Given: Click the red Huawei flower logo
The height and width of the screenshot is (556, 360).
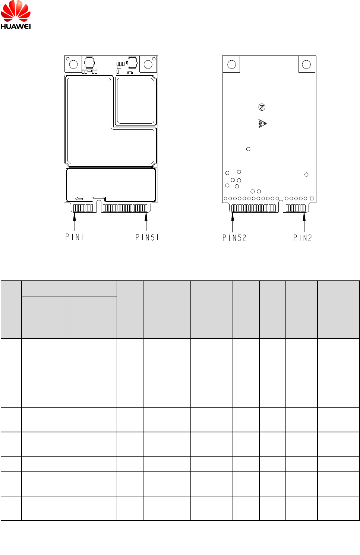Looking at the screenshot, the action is [x=16, y=12].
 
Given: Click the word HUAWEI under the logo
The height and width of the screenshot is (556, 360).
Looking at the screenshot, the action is [x=16, y=26].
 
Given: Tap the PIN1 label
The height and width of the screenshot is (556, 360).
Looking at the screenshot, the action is [x=74, y=237].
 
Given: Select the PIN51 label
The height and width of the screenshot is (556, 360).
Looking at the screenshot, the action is [x=147, y=237].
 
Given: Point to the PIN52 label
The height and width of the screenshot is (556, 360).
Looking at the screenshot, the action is [x=234, y=238].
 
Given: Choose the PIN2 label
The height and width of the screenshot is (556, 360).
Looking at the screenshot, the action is [x=302, y=238].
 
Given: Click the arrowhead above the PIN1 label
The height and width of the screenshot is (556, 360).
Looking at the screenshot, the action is [x=75, y=217].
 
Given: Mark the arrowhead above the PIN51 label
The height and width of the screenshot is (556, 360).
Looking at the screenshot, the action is [x=146, y=217].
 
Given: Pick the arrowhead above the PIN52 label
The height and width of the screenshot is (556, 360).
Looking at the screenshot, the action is [x=233, y=217].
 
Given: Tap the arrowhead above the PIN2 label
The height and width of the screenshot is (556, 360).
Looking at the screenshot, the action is [x=304, y=217].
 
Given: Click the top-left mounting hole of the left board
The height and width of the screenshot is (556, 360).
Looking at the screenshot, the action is [x=73, y=64].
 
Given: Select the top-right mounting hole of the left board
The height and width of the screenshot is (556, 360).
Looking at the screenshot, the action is [x=148, y=64].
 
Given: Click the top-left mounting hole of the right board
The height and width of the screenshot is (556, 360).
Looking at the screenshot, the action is [x=231, y=64].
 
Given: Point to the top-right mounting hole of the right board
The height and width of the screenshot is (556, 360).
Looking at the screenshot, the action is [x=306, y=64].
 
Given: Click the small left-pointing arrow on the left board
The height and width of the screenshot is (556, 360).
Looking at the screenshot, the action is [x=79, y=199].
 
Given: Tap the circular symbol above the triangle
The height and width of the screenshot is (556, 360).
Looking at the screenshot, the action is [x=262, y=107].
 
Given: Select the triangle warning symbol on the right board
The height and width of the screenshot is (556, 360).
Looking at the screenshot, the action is [x=262, y=123].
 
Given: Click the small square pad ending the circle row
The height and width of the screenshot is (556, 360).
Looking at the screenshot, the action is [x=312, y=198].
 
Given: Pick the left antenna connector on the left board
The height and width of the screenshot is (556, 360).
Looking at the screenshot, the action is [x=89, y=63].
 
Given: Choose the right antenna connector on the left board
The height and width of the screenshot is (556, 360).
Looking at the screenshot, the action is [x=132, y=63].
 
